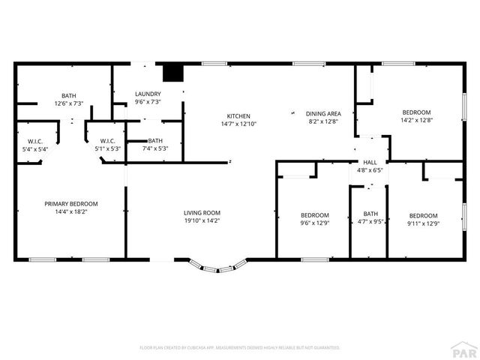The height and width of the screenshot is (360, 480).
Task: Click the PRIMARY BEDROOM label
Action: (x=71, y=204)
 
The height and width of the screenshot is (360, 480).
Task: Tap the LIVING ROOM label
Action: (x=202, y=213)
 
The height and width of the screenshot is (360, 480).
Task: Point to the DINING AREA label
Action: (x=324, y=114)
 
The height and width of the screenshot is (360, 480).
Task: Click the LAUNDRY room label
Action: (x=147, y=94)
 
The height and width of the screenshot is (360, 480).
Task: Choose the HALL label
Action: (x=370, y=162)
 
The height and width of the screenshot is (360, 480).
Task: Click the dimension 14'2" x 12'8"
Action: (x=416, y=119)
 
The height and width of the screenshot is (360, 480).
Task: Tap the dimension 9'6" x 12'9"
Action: (x=314, y=223)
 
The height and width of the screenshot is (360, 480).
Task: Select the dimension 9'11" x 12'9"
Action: (x=424, y=223)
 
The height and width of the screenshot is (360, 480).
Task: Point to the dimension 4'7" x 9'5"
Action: (x=370, y=221)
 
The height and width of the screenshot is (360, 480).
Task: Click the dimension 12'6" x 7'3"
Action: (x=69, y=103)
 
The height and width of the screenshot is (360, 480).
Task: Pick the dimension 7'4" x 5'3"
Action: (x=155, y=148)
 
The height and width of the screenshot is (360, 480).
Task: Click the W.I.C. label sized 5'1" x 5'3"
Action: (x=107, y=148)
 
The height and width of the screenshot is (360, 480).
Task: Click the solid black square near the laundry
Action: (x=173, y=72)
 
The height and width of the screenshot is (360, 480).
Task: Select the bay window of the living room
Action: (x=217, y=265)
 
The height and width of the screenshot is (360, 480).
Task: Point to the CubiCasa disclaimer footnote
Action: (x=240, y=347)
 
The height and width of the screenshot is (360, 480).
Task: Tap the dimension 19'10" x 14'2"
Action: (x=202, y=221)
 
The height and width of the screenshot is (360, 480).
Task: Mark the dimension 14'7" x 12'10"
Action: (x=238, y=124)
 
